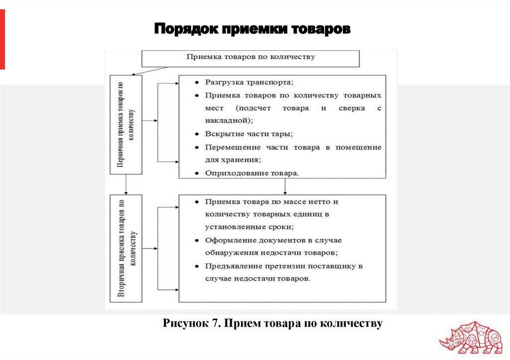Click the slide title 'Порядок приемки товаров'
pos(252,29)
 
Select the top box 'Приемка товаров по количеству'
pos(251,57)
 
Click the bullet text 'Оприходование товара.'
pos(252,173)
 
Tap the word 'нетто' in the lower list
pos(327,202)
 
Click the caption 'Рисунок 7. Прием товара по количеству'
pos(272,324)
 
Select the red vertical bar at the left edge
pos(2,40)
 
